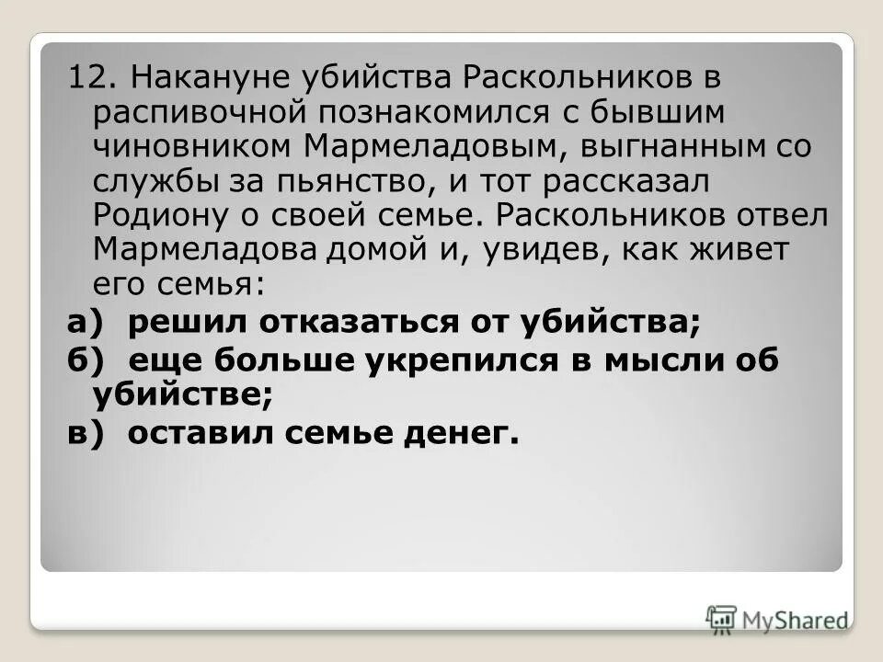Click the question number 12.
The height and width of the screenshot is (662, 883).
click(87, 78)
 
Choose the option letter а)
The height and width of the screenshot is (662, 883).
click(88, 323)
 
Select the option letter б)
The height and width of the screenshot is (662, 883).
click(88, 362)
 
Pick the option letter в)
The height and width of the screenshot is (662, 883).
click(88, 433)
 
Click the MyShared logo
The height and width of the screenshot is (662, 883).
click(777, 619)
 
